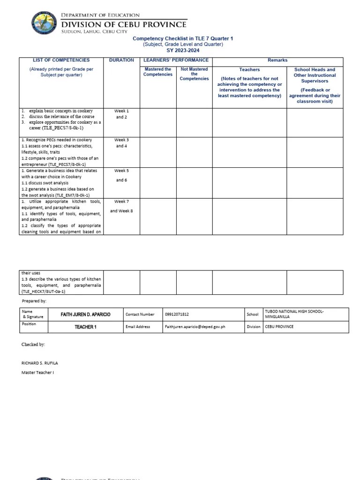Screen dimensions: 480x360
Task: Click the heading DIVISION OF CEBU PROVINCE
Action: click(124, 24)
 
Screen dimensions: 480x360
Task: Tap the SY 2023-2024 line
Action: click(183, 50)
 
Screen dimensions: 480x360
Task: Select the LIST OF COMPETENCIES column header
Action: click(61, 60)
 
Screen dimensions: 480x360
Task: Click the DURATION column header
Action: click(121, 60)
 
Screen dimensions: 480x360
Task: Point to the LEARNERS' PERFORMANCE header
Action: click(176, 60)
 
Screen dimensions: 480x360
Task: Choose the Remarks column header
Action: click(277, 60)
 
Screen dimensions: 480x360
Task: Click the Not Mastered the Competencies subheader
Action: click(194, 74)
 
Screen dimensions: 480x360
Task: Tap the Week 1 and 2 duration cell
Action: click(121, 114)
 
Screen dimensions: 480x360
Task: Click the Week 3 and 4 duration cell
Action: click(121, 143)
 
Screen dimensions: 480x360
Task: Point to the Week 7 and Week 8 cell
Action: click(121, 206)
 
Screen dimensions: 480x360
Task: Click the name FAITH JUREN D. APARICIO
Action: click(86, 315)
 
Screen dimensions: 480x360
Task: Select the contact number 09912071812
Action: click(177, 315)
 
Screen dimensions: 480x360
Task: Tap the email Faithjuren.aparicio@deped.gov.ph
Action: click(195, 327)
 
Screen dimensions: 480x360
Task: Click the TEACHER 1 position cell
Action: click(86, 327)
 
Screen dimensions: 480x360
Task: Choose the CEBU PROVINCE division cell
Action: click(279, 327)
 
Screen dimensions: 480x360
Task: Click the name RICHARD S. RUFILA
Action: click(39, 363)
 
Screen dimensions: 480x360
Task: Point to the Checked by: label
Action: click(33, 345)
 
